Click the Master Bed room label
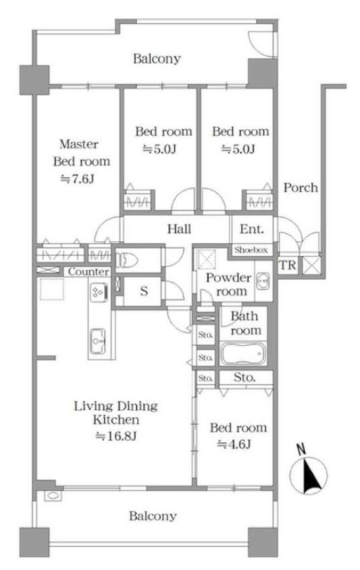click(81, 152)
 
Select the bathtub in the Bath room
click(243, 353)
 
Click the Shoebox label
click(251, 250)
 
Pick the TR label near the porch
click(287, 265)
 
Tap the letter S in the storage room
click(145, 291)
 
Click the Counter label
click(88, 271)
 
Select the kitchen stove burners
click(98, 292)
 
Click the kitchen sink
click(98, 341)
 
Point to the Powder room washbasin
click(262, 281)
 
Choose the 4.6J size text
click(234, 444)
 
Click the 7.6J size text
click(77, 179)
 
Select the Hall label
click(179, 229)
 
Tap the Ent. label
click(252, 229)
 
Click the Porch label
click(300, 187)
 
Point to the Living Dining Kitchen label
click(116, 413)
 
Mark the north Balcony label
click(157, 58)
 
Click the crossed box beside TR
click(312, 265)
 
